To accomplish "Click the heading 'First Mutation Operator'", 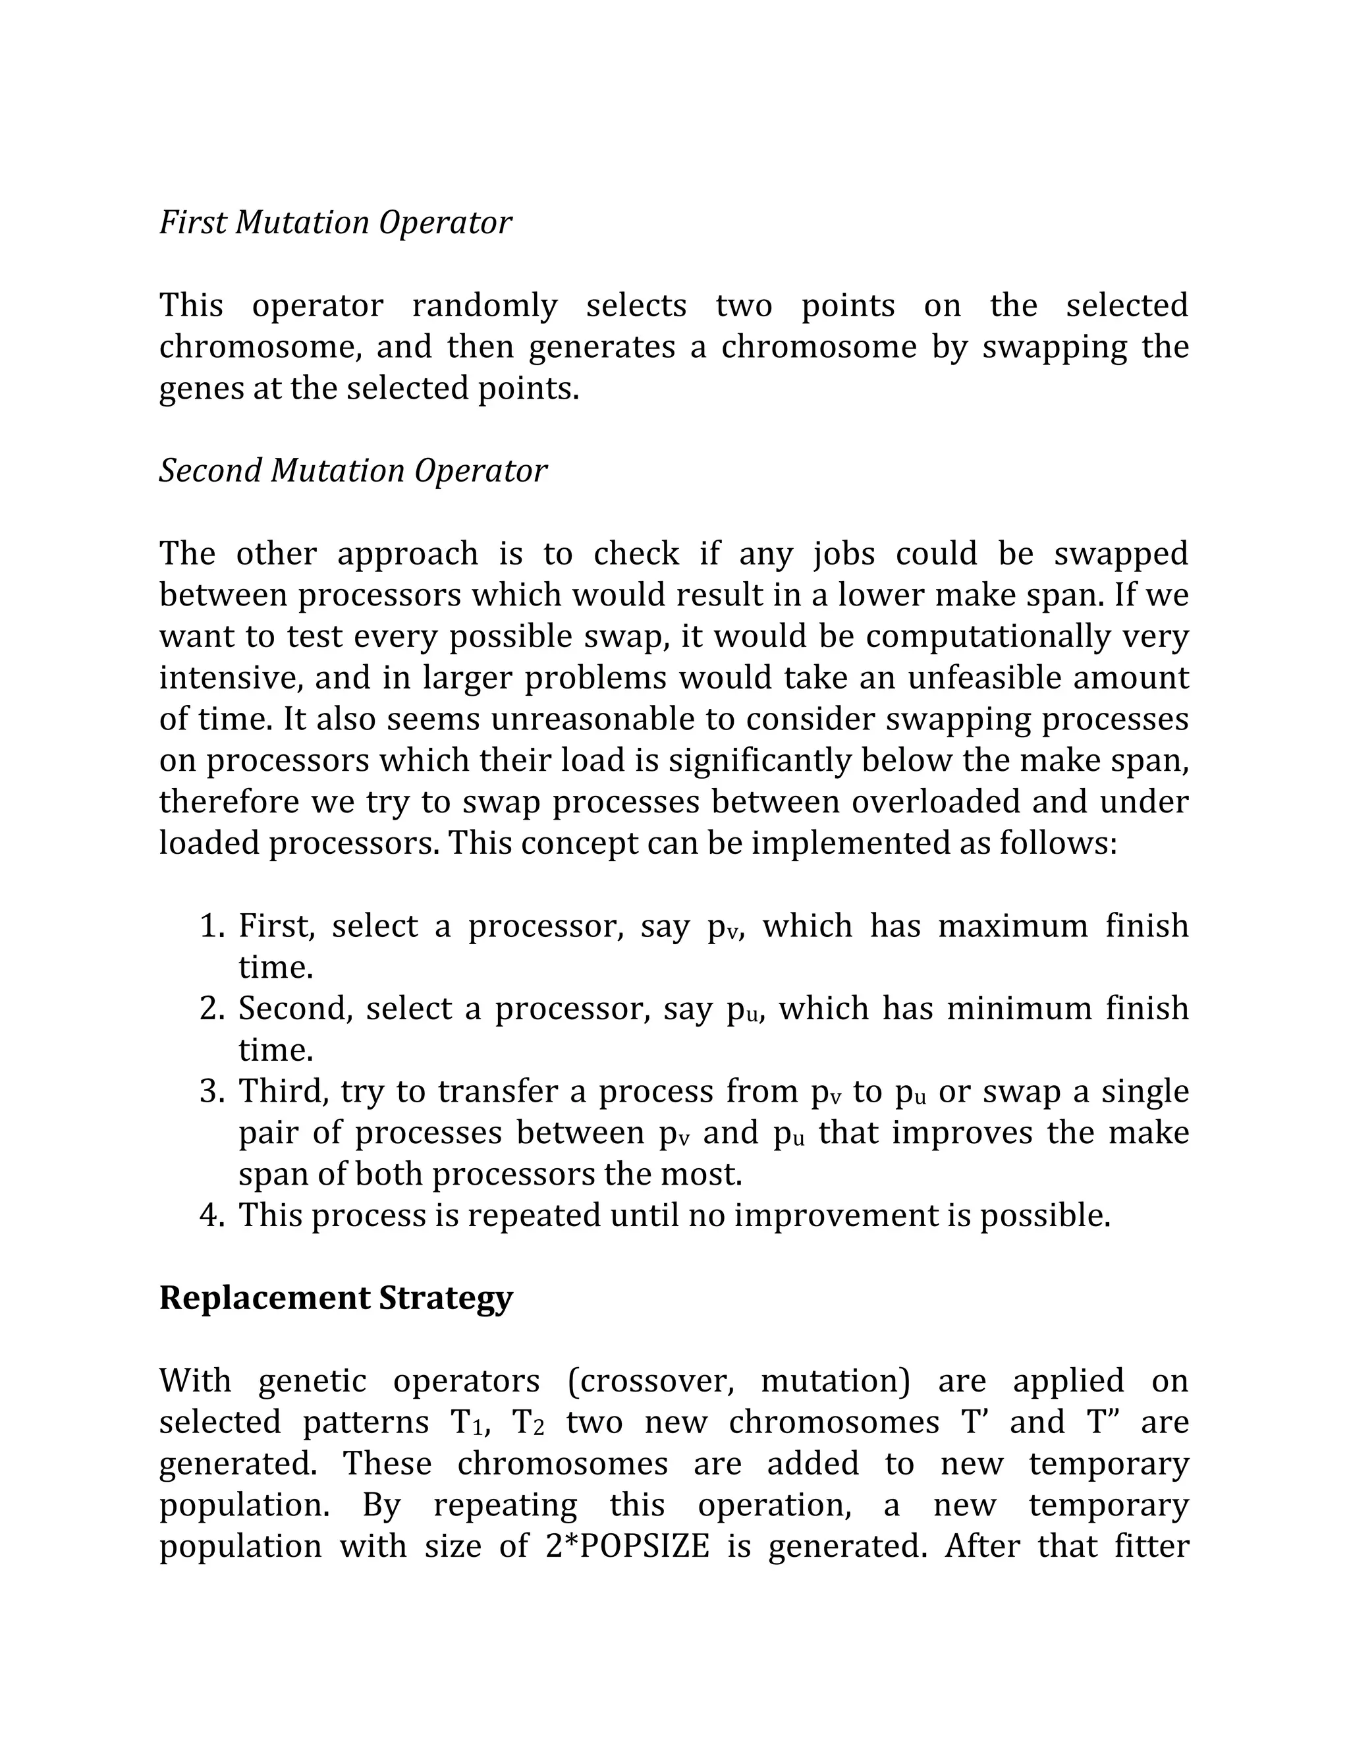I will [x=335, y=222].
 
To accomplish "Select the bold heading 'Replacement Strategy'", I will [x=336, y=1297].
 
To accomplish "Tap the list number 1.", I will [x=212, y=926].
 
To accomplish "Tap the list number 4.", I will [x=212, y=1215].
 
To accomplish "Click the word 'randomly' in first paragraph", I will [x=484, y=306].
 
